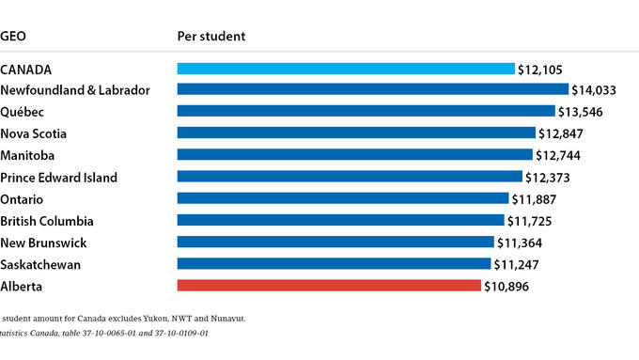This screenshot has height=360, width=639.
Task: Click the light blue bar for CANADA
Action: click(x=346, y=69)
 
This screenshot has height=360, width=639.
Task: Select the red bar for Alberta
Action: click(x=329, y=286)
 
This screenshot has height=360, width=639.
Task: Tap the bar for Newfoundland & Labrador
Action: click(x=373, y=89)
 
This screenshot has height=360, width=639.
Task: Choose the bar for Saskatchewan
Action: click(x=334, y=264)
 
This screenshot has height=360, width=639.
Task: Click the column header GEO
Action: click(x=13, y=37)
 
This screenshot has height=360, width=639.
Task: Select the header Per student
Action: click(x=211, y=37)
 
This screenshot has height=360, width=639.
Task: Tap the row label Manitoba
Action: click(x=32, y=155)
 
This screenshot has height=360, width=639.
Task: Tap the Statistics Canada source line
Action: click(x=103, y=334)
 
